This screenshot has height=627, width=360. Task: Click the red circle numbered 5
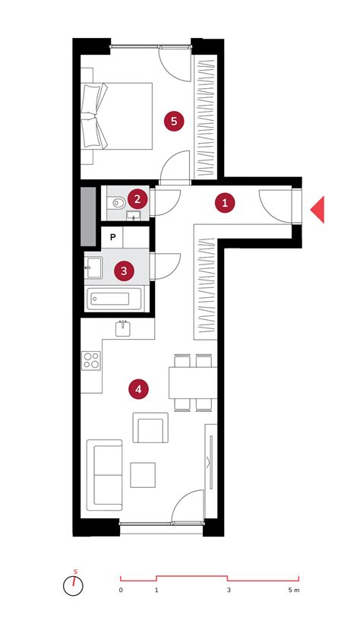[174, 121]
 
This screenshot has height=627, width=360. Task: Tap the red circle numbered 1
[225, 203]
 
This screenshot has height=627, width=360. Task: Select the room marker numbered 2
[137, 198]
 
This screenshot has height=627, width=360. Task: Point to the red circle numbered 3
[124, 271]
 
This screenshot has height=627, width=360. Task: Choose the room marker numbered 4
[138, 388]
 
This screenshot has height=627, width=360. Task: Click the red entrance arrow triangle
[317, 210]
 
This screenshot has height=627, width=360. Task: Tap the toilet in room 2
[115, 203]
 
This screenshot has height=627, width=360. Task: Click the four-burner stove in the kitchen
[91, 360]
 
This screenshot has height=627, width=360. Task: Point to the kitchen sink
[123, 328]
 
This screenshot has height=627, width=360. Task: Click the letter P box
[112, 237]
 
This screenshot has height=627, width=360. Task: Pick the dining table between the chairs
[193, 382]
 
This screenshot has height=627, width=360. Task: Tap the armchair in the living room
[150, 428]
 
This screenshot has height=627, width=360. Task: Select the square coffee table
[143, 475]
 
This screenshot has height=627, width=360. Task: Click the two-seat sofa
[105, 476]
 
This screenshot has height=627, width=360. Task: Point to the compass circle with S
[73, 586]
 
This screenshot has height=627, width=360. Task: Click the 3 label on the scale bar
[229, 590]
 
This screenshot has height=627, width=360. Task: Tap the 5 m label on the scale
[294, 590]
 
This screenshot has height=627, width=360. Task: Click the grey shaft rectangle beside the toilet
[88, 217]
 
